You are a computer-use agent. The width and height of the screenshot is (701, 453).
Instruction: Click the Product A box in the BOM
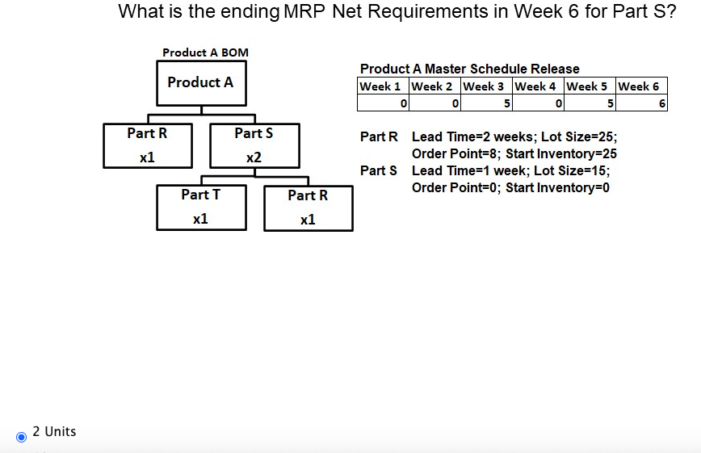[x=200, y=83]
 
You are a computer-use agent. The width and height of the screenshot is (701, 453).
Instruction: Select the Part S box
[x=254, y=145]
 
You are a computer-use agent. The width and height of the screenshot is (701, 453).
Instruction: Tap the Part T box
[x=201, y=207]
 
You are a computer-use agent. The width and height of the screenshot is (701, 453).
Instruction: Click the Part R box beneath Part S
[x=308, y=208]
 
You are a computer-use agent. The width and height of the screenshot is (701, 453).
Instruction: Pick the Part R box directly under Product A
[x=147, y=145]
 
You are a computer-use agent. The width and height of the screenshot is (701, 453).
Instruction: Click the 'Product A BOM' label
[x=205, y=52]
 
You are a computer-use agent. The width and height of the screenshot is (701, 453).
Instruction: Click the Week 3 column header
[x=487, y=86]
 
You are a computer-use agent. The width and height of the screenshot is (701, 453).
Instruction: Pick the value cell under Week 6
[x=642, y=103]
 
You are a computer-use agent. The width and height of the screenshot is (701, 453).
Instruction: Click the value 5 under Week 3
[x=487, y=103]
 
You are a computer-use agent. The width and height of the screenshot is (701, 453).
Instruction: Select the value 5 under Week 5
[x=590, y=103]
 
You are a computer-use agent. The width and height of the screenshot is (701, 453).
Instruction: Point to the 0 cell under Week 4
[x=539, y=103]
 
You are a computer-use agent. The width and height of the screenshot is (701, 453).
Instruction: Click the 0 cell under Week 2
[x=435, y=103]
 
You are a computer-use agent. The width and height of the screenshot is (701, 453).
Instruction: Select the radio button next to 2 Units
[x=22, y=436]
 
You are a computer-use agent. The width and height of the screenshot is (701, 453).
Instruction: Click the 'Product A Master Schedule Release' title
[x=469, y=69]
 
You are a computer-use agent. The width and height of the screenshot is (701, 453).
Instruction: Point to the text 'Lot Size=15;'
[x=572, y=170]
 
